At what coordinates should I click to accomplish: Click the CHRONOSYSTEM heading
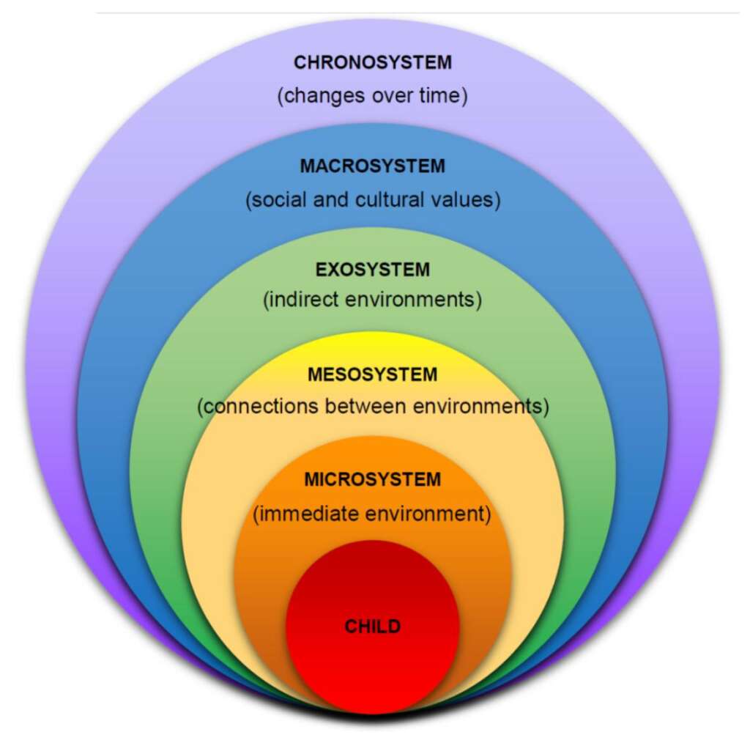(x=373, y=63)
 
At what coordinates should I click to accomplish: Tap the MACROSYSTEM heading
(x=373, y=166)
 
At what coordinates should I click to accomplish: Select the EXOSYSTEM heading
(x=373, y=270)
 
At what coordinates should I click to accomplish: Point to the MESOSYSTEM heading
(x=373, y=374)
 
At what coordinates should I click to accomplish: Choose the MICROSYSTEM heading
(x=373, y=479)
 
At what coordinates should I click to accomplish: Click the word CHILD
(x=373, y=626)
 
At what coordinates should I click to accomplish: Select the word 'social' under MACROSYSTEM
(x=279, y=199)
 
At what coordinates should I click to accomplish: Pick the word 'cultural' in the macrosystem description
(x=390, y=199)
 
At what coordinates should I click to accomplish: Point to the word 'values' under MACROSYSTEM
(x=462, y=199)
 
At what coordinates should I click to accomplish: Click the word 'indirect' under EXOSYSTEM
(x=304, y=300)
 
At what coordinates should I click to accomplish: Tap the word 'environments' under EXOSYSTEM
(x=410, y=300)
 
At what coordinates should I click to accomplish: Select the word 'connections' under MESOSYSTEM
(x=261, y=406)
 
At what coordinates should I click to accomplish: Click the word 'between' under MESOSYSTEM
(x=366, y=406)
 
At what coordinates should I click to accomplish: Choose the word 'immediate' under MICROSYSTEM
(x=309, y=514)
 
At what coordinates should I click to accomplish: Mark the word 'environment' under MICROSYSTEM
(x=425, y=514)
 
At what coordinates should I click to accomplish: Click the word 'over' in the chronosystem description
(x=393, y=96)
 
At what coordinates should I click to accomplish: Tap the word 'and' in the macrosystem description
(x=331, y=199)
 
